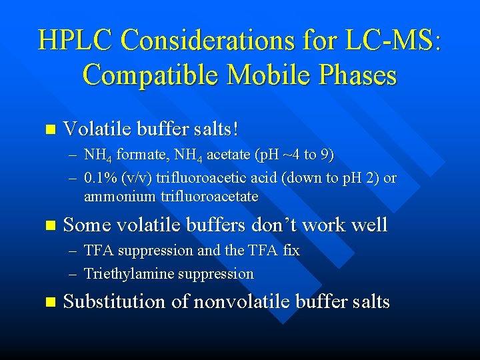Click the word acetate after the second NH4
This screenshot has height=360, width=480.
pos(229,155)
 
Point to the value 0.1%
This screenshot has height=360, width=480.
pos(99,178)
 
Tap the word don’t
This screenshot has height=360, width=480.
pos(274,225)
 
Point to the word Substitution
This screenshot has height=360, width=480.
pos(114,302)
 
